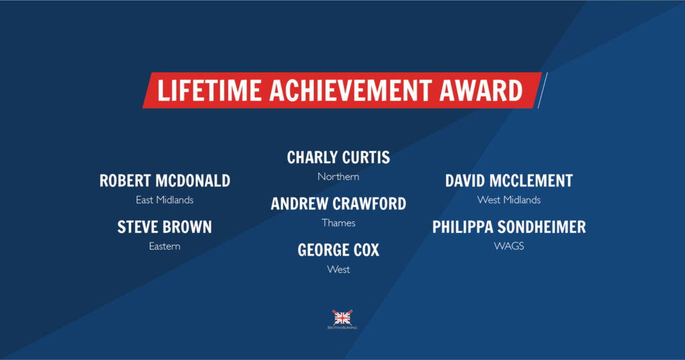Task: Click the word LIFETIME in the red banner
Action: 209,90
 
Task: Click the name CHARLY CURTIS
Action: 338,158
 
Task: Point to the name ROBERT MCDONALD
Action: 165,181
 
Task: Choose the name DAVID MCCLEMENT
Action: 509,181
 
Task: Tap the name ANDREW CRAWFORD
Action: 338,204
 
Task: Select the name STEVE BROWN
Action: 165,228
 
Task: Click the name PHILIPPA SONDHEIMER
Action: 509,228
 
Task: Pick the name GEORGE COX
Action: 338,250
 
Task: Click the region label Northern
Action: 338,177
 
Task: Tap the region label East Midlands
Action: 165,200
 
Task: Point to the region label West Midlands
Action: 509,200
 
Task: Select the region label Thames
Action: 338,223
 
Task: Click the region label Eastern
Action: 165,246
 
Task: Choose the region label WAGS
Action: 509,246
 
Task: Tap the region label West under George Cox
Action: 338,270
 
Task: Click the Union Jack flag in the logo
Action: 342,317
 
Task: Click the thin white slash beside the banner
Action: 543,90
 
